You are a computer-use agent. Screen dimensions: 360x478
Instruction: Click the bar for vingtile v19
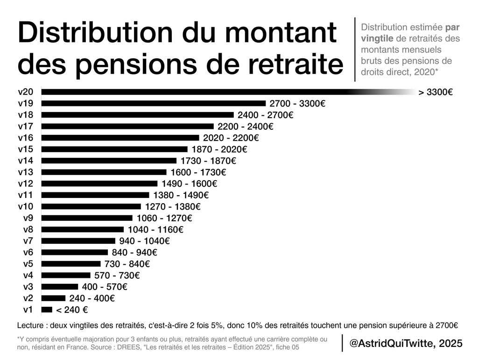[154, 103]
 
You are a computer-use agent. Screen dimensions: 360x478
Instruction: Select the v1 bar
[47, 310]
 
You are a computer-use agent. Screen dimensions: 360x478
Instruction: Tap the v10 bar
[91, 206]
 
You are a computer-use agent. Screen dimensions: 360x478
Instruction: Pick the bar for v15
[114, 149]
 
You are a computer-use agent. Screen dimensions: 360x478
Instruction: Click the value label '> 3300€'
[436, 92]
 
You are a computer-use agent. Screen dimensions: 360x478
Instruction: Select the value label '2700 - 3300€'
[297, 103]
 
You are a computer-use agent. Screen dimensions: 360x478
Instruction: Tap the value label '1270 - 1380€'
[173, 206]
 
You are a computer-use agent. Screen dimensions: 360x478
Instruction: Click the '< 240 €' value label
[72, 310]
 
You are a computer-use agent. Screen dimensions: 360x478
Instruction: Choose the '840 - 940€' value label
[134, 252]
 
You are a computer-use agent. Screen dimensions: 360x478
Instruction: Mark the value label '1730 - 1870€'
[208, 161]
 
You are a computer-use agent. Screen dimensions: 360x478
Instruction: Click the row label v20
[26, 92]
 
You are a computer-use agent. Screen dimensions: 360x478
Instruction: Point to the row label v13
[26, 172]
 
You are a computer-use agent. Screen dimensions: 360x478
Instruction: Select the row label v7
[28, 241]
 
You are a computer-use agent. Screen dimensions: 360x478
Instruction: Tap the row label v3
[28, 287]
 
